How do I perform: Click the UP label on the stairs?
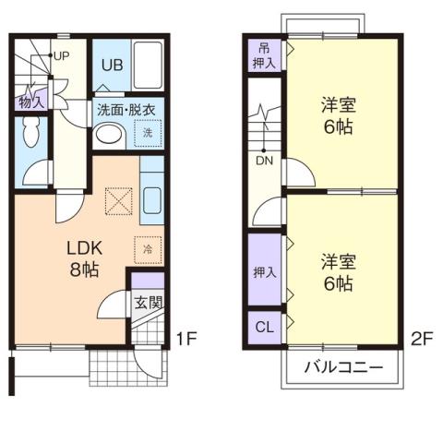(x=63, y=55)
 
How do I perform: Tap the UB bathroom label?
(x=112, y=65)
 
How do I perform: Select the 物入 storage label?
(x=30, y=102)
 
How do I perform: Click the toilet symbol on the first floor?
(x=30, y=138)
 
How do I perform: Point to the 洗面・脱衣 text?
(x=127, y=109)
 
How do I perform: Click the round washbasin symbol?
(x=109, y=135)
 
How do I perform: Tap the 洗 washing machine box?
(x=148, y=134)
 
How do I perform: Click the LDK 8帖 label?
(x=82, y=260)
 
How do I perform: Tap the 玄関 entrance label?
(x=149, y=302)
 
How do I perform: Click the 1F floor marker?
(x=186, y=338)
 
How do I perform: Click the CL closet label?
(x=263, y=326)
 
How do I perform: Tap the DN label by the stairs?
(x=263, y=160)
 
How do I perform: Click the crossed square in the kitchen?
(x=119, y=199)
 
